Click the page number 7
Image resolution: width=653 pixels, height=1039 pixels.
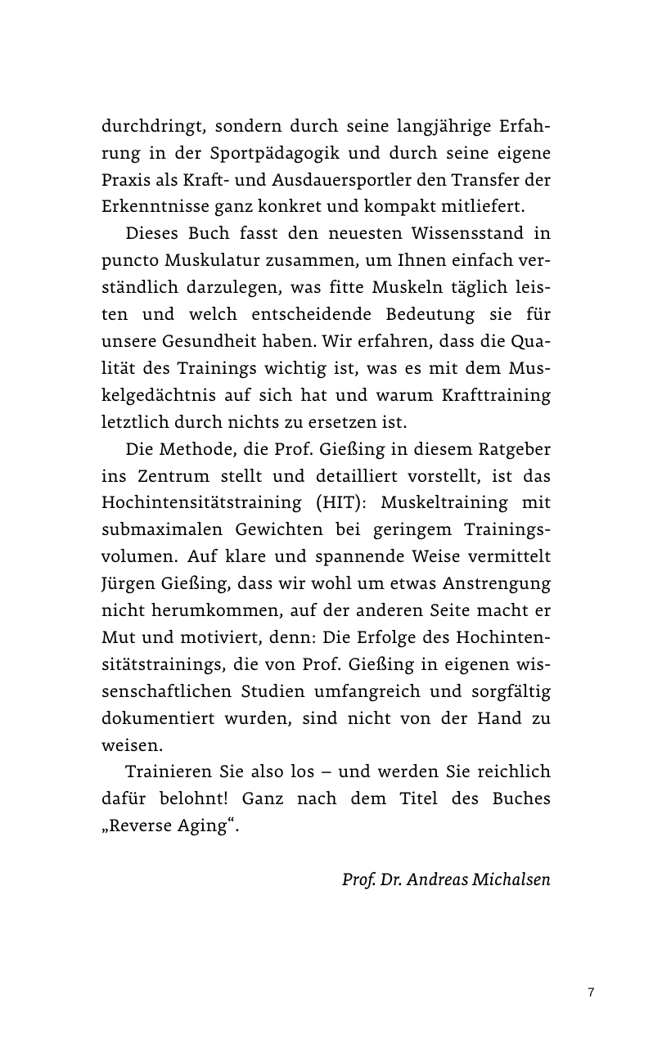click(591, 992)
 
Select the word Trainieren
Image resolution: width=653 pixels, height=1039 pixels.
click(168, 771)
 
